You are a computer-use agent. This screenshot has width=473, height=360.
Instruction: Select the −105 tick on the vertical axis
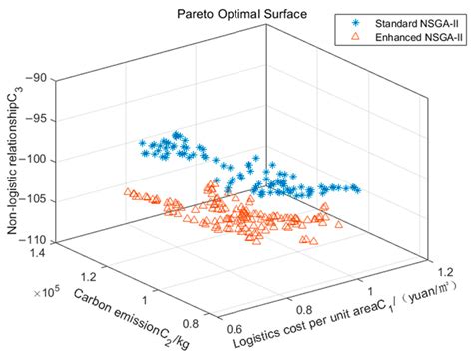tap(36, 199)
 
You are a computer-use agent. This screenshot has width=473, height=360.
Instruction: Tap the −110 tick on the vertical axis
tap(36, 240)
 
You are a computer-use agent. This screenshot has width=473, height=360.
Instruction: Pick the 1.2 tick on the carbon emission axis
tap(83, 274)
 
